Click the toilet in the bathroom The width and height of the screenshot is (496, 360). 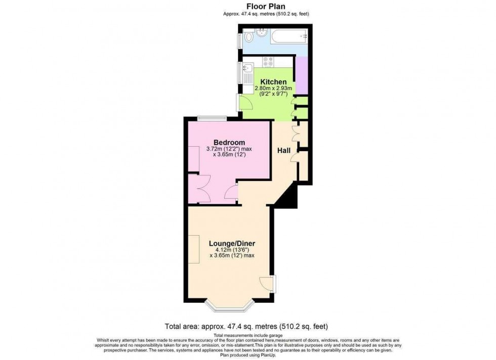pos(248,38)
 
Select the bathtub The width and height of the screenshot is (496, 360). pos(288,36)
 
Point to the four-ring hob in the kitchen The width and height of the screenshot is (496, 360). pos(268,63)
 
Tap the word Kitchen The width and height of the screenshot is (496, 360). pos(273,82)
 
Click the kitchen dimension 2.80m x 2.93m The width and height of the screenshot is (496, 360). pos(273,88)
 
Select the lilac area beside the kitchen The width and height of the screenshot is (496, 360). pos(301,75)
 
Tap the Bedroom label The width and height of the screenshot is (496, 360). pos(229,143)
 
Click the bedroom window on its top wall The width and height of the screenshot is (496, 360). pos(212,118)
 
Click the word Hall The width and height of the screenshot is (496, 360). pos(283,150)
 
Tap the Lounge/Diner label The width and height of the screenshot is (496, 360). pos(232,243)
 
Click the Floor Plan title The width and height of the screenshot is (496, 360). pos(266,7)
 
